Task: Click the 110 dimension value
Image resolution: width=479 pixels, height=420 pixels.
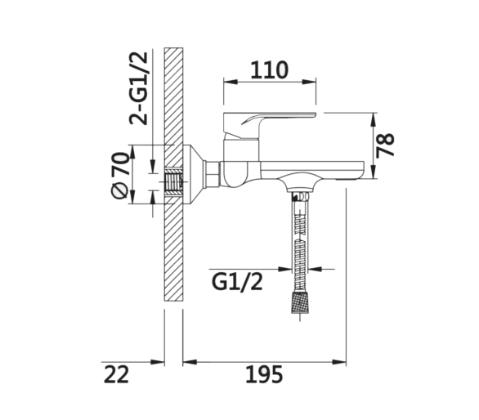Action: point(269,70)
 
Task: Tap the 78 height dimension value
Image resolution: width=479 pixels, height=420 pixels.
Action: point(385,145)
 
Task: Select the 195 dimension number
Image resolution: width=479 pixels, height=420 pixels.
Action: point(264,374)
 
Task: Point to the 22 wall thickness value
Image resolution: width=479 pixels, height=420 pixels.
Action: point(116,375)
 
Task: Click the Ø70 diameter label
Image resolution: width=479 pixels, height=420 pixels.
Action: point(119,175)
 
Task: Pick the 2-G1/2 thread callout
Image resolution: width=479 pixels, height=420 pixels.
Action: point(138,88)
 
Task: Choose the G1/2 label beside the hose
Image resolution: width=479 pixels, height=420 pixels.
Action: point(237,283)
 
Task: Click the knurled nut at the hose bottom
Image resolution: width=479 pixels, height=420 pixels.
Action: point(299,302)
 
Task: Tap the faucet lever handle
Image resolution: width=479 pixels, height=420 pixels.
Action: point(270,125)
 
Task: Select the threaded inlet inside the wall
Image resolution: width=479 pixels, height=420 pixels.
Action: point(174,182)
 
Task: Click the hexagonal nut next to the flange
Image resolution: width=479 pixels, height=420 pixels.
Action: point(212,173)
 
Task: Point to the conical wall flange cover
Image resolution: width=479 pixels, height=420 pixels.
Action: point(194,174)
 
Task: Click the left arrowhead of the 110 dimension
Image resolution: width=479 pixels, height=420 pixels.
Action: point(231,82)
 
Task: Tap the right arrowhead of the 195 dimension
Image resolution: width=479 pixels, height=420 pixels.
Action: point(339,362)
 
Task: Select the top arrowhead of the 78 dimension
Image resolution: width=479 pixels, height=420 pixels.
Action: point(373,119)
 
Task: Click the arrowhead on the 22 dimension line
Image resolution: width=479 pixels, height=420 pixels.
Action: point(158,362)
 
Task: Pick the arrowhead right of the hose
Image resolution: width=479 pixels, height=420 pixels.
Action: point(316,269)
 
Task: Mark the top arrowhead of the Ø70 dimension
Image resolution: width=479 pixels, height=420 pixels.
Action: point(132,152)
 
